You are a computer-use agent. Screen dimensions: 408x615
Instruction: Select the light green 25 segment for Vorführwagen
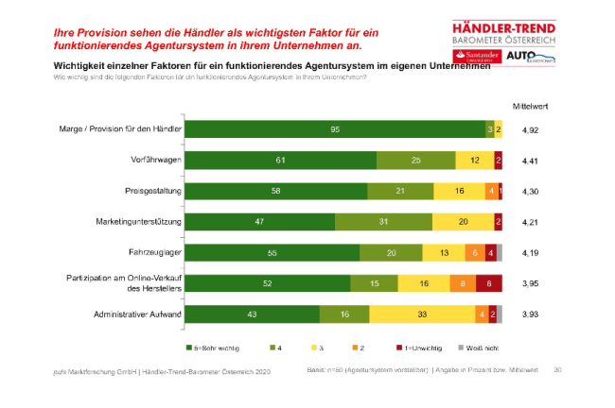(416, 161)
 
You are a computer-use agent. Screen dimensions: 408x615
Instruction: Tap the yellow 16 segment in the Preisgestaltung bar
(459, 191)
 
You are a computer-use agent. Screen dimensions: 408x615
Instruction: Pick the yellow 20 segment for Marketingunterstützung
(462, 222)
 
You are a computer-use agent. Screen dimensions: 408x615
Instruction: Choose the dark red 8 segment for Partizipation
(488, 283)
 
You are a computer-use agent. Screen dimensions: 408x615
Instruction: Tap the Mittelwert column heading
(532, 107)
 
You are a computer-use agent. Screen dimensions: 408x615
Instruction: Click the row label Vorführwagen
(156, 161)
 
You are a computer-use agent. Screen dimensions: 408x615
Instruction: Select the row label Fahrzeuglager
(155, 252)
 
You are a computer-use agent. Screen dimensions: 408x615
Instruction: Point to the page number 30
(557, 369)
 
